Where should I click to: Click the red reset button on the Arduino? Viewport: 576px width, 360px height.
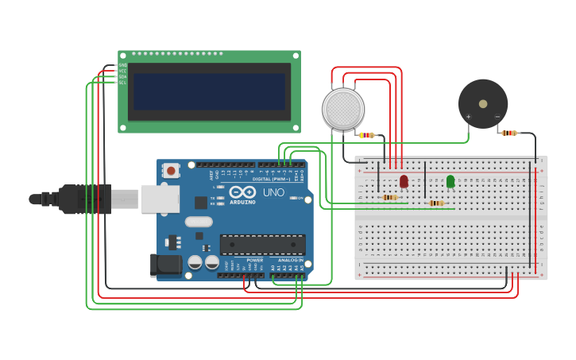(171, 170)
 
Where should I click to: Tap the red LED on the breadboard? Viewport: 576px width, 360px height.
(404, 182)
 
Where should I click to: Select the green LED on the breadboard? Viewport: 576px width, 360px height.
(450, 182)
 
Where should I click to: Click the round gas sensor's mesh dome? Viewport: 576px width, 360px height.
(343, 109)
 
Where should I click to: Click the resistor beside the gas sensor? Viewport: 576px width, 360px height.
(365, 135)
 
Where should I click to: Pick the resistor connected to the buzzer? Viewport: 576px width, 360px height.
(508, 133)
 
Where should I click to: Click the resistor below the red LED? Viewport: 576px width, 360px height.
(389, 197)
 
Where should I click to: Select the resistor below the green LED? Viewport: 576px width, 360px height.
(435, 203)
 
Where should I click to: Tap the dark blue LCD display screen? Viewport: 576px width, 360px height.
(209, 91)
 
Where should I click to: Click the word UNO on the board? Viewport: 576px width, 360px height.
(273, 192)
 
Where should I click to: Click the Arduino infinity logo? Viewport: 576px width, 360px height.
(242, 192)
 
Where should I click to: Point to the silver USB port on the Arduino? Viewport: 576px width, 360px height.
(160, 199)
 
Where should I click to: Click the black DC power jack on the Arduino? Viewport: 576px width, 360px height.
(164, 265)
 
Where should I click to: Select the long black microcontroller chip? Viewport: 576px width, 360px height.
(262, 245)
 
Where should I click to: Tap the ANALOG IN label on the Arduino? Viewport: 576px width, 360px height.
(291, 260)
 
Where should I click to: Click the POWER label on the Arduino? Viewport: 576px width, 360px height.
(254, 260)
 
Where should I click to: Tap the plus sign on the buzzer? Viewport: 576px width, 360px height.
(468, 117)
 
